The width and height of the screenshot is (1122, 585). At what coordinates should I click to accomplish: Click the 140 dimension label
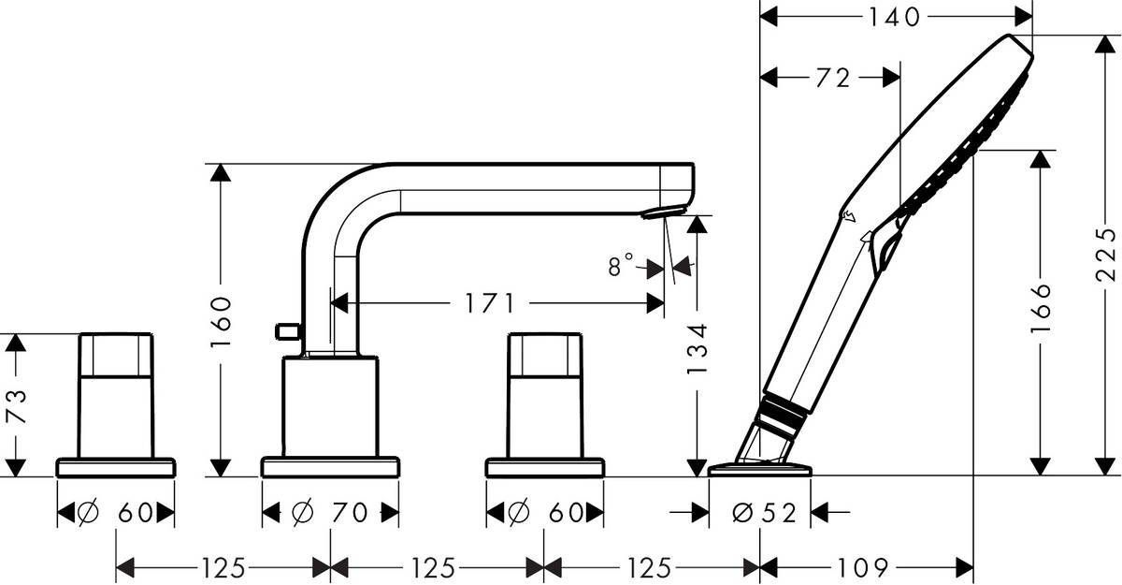[896, 16]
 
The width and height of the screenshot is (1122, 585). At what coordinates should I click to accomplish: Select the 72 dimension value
[831, 79]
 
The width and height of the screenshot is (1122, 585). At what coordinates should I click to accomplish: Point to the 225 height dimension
[1106, 254]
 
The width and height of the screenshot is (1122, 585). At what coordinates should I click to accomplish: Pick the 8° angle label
[621, 266]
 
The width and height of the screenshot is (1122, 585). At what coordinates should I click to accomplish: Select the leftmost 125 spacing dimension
[223, 567]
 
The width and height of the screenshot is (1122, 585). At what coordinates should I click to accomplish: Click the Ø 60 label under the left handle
[116, 512]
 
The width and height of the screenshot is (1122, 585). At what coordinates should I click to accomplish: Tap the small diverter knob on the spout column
[286, 330]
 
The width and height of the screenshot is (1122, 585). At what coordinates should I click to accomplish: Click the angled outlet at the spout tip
[659, 212]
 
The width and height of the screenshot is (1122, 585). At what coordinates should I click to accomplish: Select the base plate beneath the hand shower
[760, 468]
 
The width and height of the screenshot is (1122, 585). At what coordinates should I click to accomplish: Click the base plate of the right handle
[544, 466]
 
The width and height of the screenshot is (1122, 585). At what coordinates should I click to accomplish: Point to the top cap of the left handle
[115, 355]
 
